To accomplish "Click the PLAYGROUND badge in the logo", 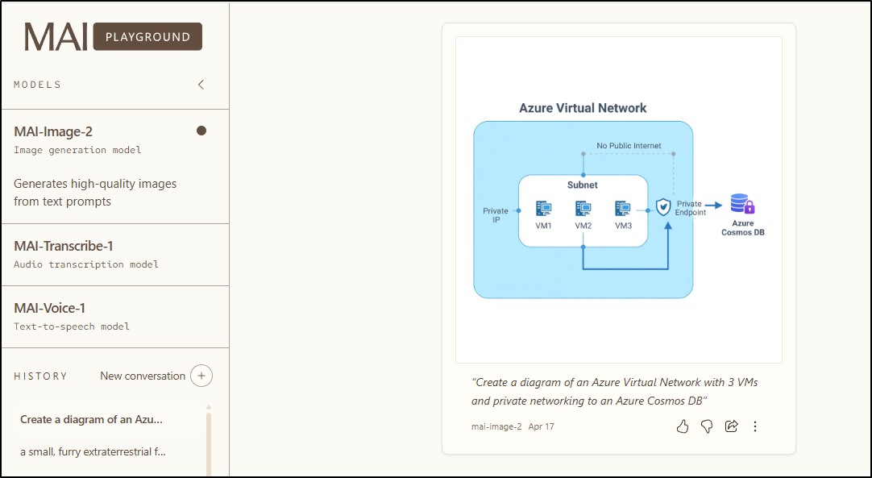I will coord(147,37).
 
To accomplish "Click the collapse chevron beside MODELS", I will coord(201,85).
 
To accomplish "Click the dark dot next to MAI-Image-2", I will coord(201,131).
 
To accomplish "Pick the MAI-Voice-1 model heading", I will coord(50,309).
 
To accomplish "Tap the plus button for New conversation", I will coord(201,376).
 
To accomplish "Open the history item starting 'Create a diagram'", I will coord(92,419).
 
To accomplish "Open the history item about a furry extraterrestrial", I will coord(93,451).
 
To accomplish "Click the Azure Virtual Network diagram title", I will coord(583,108).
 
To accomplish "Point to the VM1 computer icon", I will coord(544,208).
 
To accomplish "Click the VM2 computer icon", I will coord(583,208).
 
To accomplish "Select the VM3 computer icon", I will coord(623,208).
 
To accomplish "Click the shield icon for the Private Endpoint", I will coord(663,207).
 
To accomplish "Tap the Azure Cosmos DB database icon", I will coord(742,204).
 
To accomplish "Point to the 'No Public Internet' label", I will coord(629,146).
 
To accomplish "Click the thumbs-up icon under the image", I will coord(683,426).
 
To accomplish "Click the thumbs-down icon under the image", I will coord(707,426).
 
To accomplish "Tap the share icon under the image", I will coord(732,426).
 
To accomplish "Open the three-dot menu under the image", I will coord(755,426).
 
